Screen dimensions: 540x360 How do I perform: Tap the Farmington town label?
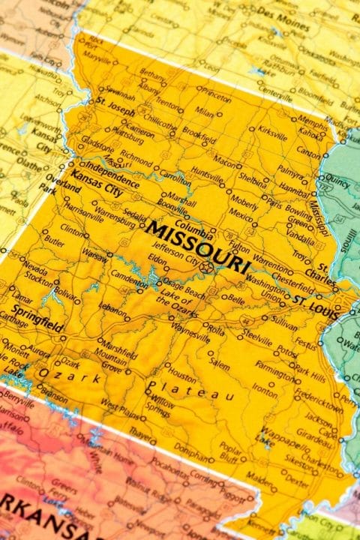(274, 365)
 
